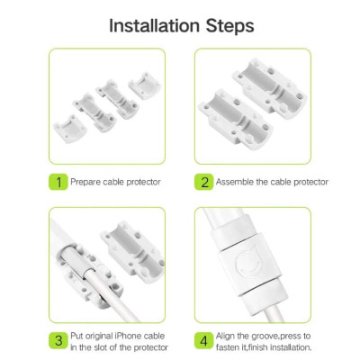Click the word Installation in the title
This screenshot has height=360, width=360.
(154, 26)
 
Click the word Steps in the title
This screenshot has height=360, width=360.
(230, 27)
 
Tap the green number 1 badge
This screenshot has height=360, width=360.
(58, 182)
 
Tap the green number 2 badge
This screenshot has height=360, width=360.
(204, 182)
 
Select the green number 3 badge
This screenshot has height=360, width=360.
(58, 341)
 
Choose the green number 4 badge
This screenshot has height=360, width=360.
(204, 341)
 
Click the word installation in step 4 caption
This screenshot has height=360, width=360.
(291, 347)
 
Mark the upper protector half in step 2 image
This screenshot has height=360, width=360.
(270, 88)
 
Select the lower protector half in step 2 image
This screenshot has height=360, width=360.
(236, 120)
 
